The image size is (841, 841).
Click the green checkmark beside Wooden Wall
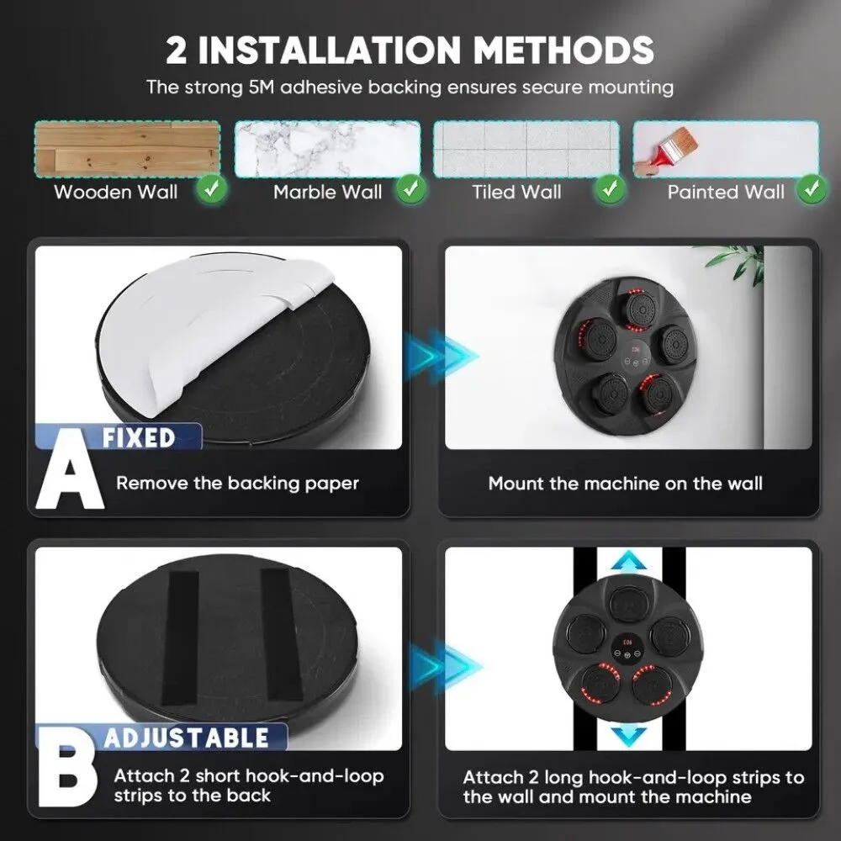click(212, 188)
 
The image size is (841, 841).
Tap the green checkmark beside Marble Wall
click(411, 188)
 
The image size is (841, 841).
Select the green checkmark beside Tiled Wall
click(610, 188)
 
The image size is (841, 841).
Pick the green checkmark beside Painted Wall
click(812, 188)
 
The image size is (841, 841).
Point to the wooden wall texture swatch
click(128, 149)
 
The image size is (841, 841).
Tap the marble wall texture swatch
click(327, 149)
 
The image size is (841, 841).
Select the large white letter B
click(67, 767)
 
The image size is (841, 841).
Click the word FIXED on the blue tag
click(139, 437)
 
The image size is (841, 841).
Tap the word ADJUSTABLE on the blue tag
click(186, 738)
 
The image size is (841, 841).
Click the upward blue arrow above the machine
click(628, 561)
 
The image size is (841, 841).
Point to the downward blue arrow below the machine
click(628, 735)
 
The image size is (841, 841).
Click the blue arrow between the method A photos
click(440, 355)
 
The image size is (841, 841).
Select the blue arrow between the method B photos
click(444, 666)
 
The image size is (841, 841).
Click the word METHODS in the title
click(563, 50)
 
